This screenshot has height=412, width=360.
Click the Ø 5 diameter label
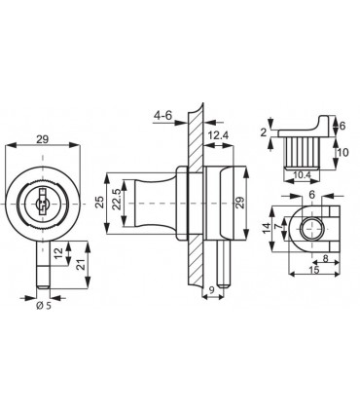tap(44, 306)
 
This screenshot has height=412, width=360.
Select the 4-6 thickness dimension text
tap(163, 115)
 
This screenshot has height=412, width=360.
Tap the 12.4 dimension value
tap(219, 135)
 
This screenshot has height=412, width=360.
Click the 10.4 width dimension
tap(302, 175)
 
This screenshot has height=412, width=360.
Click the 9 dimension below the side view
tap(211, 290)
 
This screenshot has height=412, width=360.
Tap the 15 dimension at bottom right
tap(314, 270)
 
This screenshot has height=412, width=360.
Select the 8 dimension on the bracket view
tap(326, 258)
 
